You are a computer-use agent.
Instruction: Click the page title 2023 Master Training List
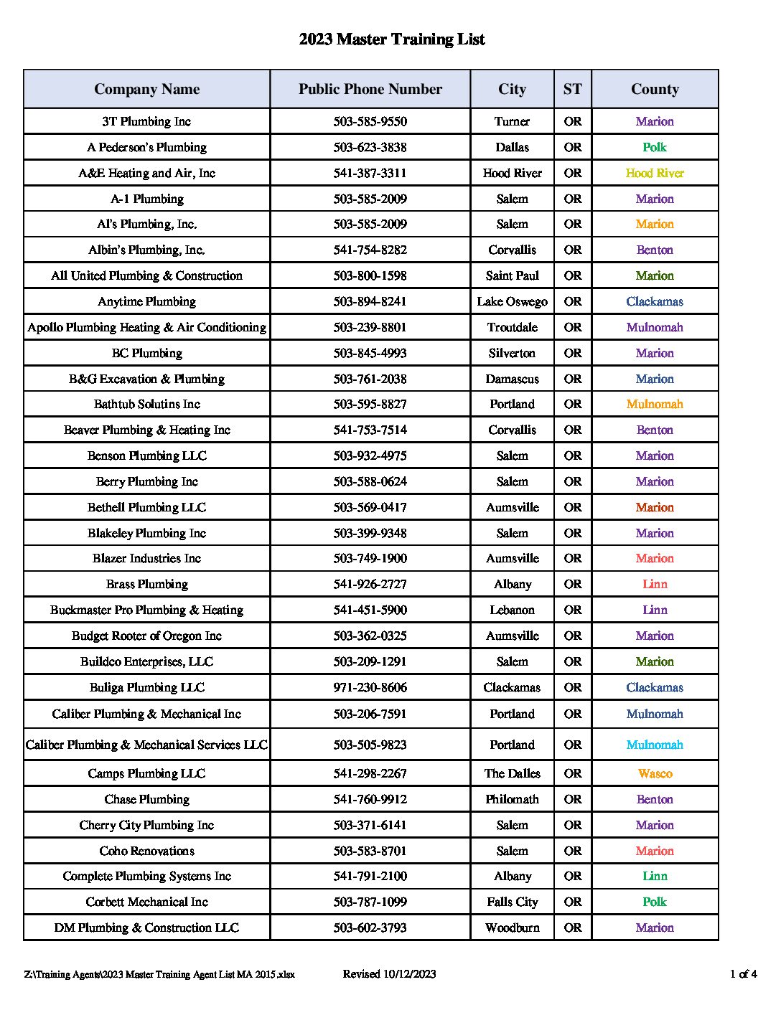pyautogui.click(x=391, y=39)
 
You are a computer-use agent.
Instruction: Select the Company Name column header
pyautogui.click(x=146, y=89)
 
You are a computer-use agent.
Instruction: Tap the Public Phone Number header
pyautogui.click(x=370, y=89)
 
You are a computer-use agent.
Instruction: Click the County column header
pyautogui.click(x=655, y=89)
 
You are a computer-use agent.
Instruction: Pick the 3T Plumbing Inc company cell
pyautogui.click(x=146, y=121)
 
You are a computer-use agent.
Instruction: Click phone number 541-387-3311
pyautogui.click(x=370, y=173)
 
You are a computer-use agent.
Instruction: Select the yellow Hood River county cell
pyautogui.click(x=655, y=173)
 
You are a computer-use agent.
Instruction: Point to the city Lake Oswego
pyautogui.click(x=512, y=301)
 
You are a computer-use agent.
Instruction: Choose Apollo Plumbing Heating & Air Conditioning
pyautogui.click(x=146, y=327)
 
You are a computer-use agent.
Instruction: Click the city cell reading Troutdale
pyautogui.click(x=512, y=327)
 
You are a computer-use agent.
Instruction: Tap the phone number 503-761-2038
pyautogui.click(x=370, y=379)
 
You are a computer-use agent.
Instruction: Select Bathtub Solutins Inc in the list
pyautogui.click(x=146, y=404)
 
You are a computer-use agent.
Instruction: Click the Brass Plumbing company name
pyautogui.click(x=146, y=584)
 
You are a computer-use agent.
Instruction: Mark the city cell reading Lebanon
pyautogui.click(x=512, y=610)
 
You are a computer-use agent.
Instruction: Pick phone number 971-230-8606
pyautogui.click(x=370, y=687)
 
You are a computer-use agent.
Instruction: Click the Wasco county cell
pyautogui.click(x=655, y=773)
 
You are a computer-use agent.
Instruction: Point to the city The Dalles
pyautogui.click(x=512, y=773)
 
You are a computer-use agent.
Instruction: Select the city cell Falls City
pyautogui.click(x=512, y=902)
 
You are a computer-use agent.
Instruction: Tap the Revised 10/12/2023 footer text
pyautogui.click(x=389, y=973)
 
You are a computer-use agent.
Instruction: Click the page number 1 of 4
pyautogui.click(x=743, y=973)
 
